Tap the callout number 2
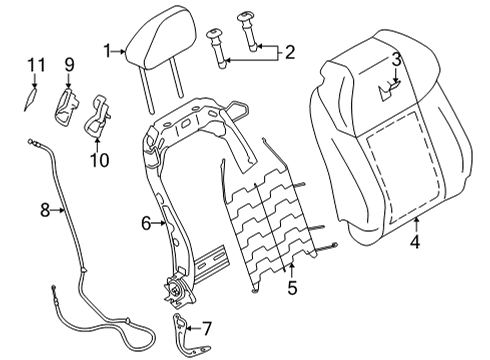pos(290,50)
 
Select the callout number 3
pos(396,60)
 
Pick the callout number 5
pos(292,291)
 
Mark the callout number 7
pos(207,327)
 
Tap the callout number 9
pos(69,65)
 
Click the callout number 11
pos(35,65)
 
